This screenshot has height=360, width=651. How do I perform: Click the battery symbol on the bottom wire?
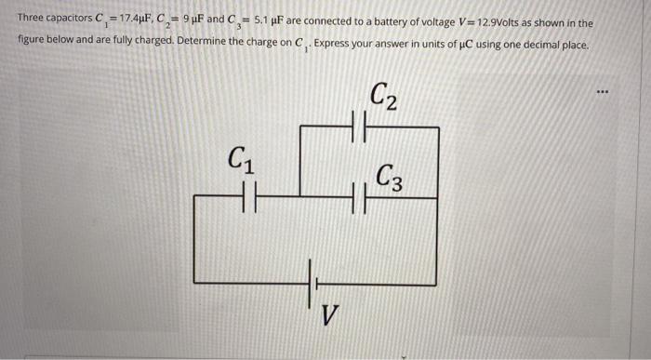312,277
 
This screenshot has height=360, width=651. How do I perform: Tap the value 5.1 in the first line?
263,21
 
